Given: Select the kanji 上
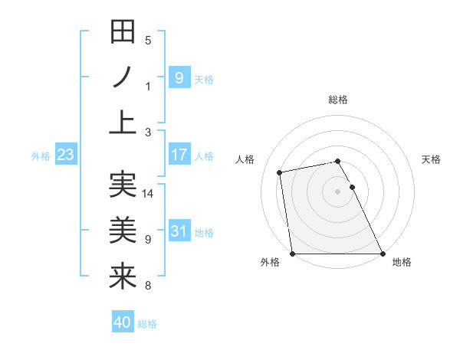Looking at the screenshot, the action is [x=123, y=121].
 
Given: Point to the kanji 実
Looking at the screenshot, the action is [x=123, y=185].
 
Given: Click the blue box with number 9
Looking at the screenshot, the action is [x=179, y=77].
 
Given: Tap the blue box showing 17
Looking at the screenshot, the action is [x=179, y=155].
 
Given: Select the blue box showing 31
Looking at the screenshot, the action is [x=179, y=231].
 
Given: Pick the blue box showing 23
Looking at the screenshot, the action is [x=65, y=155].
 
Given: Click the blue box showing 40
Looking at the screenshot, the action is [x=123, y=322].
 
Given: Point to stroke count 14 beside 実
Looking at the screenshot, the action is [x=148, y=194].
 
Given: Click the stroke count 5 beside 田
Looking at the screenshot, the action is [x=148, y=41].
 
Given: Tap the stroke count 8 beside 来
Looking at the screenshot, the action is [x=148, y=286].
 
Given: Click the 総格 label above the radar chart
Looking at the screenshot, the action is [x=337, y=100].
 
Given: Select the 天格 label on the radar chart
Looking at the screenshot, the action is [x=432, y=159].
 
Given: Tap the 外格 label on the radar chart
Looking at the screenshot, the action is [x=270, y=262].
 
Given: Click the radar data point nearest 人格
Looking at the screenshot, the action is [x=281, y=172].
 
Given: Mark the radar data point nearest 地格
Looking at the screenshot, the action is [x=383, y=253].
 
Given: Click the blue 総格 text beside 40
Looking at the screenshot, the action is [x=147, y=324].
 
